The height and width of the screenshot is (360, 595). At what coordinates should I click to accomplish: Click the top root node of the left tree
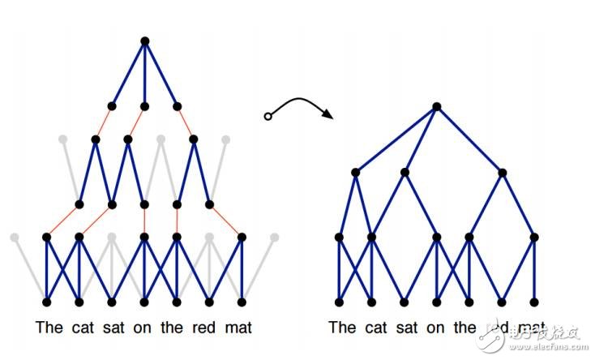pos(144,41)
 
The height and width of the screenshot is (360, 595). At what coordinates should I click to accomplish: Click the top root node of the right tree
pos(436,106)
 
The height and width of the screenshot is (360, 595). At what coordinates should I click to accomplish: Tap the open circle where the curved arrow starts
pos(268,118)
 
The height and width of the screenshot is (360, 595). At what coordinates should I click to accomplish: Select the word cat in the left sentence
pos(80,328)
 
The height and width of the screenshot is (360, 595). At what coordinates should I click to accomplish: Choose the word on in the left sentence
pos(147,328)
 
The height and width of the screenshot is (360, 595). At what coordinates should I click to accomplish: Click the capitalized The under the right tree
pos(342,328)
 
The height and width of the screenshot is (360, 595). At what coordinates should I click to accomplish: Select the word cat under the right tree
pos(374,328)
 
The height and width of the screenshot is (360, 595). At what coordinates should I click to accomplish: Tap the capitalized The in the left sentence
pos(49,328)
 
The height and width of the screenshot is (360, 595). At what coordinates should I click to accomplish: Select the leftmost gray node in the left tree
pos(14,237)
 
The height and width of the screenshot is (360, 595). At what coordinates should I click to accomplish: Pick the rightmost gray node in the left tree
pos(275,237)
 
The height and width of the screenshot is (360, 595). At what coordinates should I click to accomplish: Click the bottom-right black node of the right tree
pos(533,302)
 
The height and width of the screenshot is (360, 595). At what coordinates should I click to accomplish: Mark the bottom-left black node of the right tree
pos(339,302)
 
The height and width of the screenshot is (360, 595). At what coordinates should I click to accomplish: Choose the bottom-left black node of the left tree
pos(47,302)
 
